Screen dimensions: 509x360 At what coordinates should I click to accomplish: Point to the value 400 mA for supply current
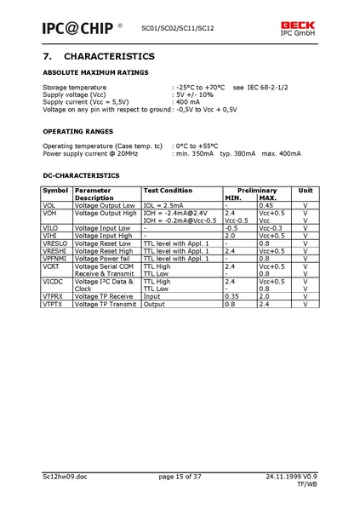[x=188, y=102]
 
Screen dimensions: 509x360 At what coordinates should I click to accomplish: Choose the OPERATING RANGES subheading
[x=77, y=131]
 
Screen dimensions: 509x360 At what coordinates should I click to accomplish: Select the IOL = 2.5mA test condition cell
[x=163, y=205]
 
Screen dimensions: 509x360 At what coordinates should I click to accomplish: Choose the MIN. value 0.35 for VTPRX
[x=231, y=296]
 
